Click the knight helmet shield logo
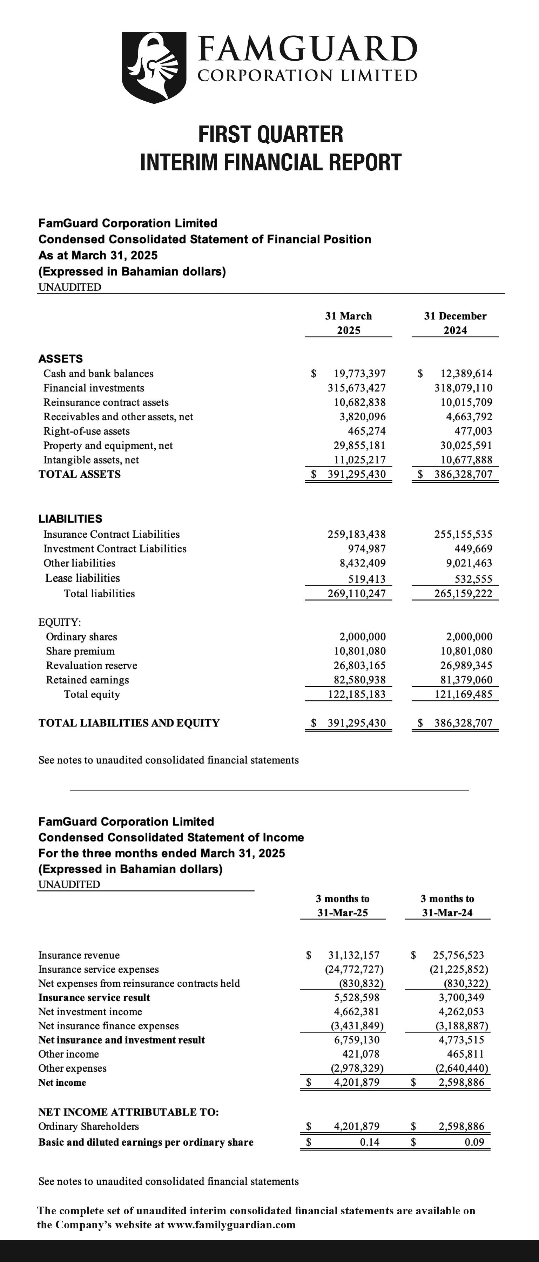(x=154, y=67)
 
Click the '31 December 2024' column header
(x=455, y=323)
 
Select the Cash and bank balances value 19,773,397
(x=360, y=373)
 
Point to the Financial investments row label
(x=94, y=388)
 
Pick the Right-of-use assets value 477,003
(x=473, y=431)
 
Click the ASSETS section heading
(x=60, y=359)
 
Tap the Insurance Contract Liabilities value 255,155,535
(x=463, y=535)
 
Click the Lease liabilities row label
(x=82, y=578)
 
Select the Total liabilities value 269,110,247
(x=357, y=594)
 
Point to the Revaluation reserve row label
(x=91, y=666)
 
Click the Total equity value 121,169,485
(x=463, y=694)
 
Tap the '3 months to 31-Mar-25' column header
(x=343, y=905)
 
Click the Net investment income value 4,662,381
(x=357, y=1012)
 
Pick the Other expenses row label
(x=72, y=1068)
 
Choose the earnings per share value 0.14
(x=370, y=1142)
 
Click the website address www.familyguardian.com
(x=231, y=1225)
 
